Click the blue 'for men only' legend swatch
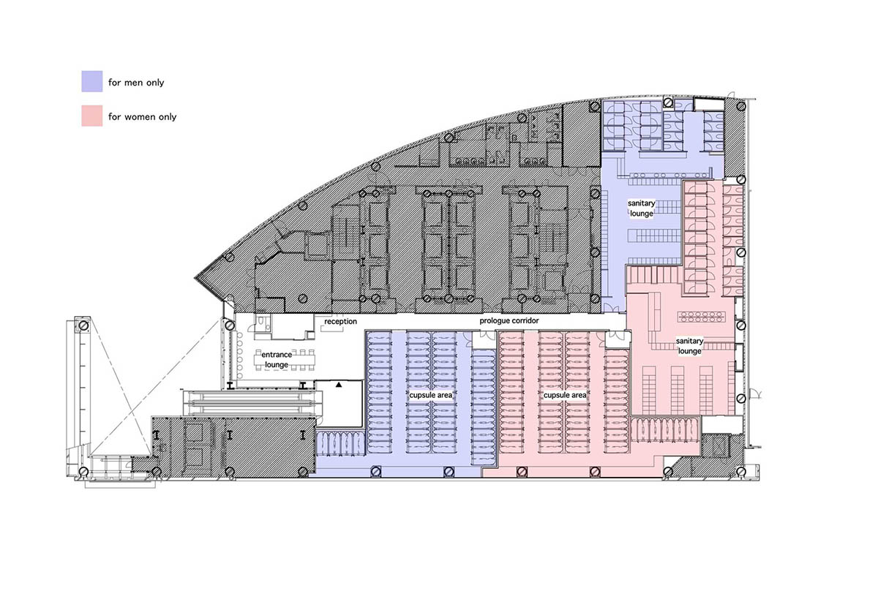92,81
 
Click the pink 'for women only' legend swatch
92,116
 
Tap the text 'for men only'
136,83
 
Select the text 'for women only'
142,117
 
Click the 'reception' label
341,321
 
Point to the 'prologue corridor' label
509,320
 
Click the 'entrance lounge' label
277,359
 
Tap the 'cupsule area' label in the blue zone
431,395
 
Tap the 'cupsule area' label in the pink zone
565,395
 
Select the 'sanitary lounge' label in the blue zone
641,208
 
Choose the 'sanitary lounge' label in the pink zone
689,346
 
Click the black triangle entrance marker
339,385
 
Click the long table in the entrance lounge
284,359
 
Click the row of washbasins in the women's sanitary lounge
701,317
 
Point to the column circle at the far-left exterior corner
83,326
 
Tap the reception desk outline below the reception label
332,328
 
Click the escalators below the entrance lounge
252,403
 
